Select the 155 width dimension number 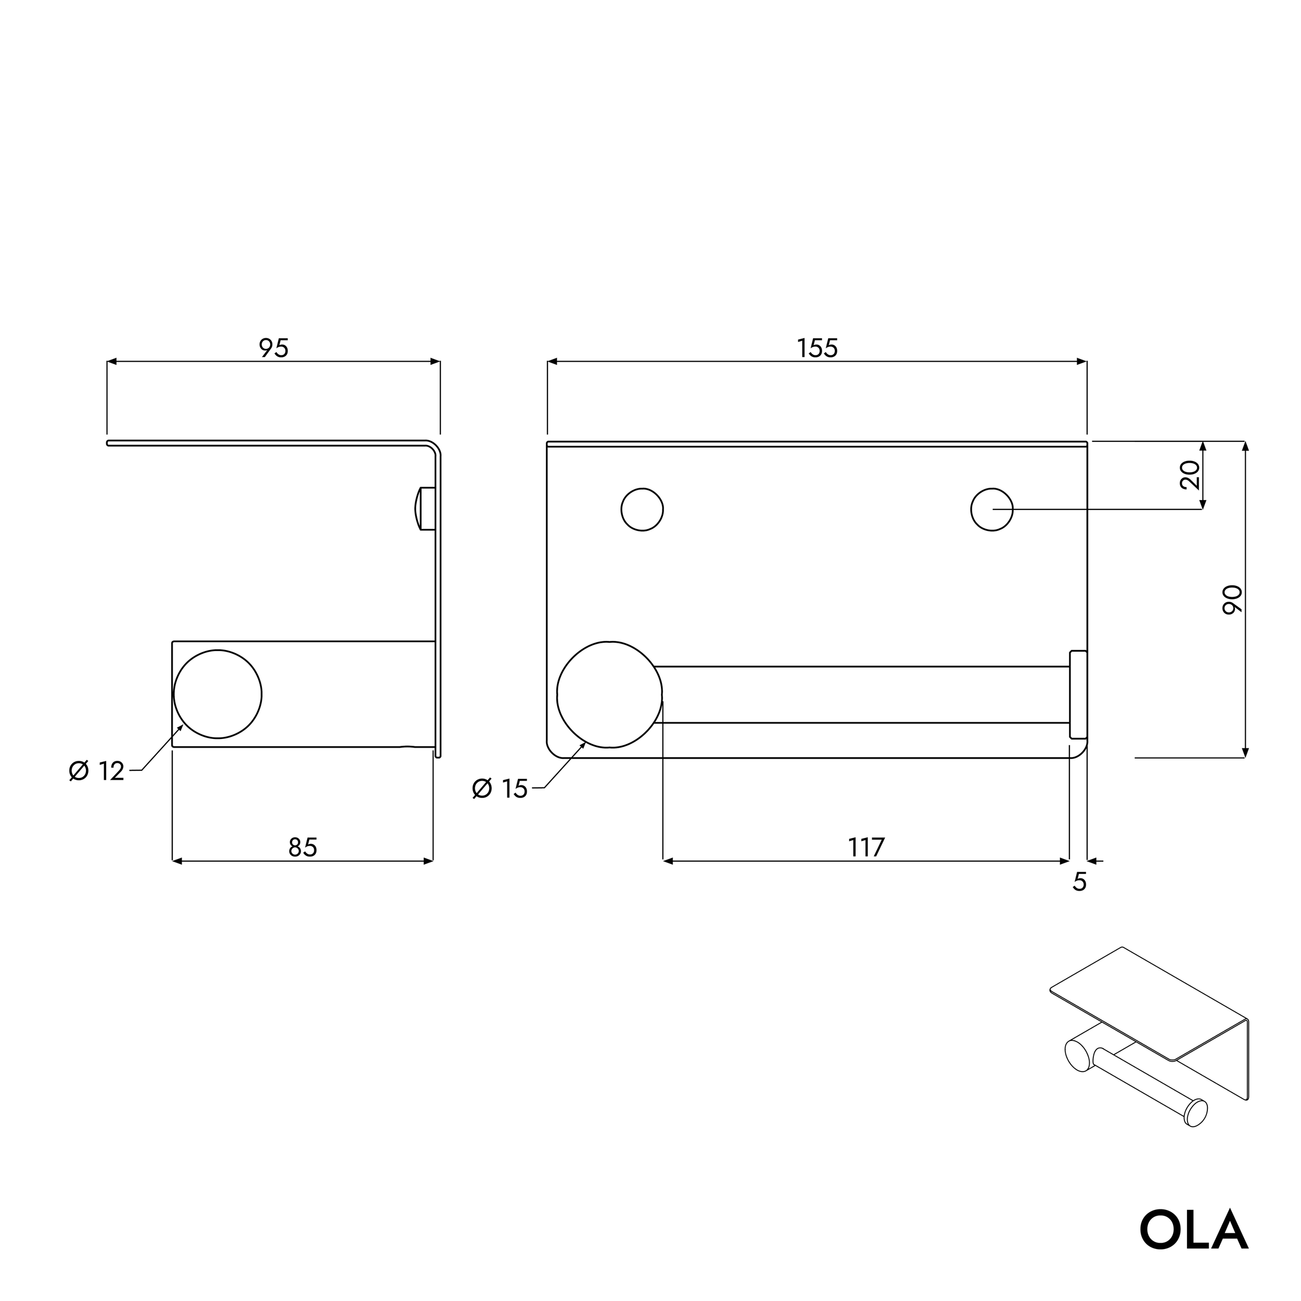[x=817, y=348]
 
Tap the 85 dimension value [x=302, y=847]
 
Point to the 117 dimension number [x=866, y=847]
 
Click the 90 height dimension [x=1232, y=600]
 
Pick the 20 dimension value [x=1191, y=475]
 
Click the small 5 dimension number [x=1079, y=882]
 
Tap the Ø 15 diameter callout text [x=500, y=788]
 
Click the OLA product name [x=1193, y=1230]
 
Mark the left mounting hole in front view [x=642, y=510]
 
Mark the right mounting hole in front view [x=991, y=510]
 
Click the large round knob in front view [x=609, y=694]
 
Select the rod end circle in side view [x=218, y=694]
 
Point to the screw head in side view [x=424, y=509]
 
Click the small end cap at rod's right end [x=1078, y=694]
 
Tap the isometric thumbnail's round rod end [x=1196, y=1113]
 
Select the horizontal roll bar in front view [x=862, y=694]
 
